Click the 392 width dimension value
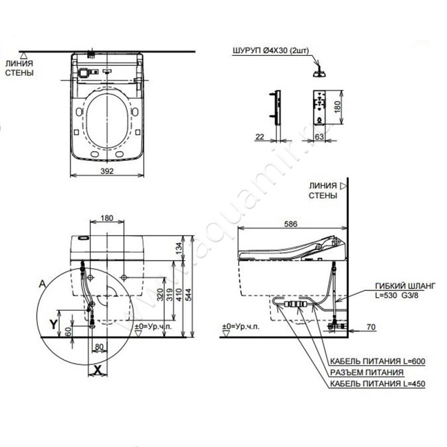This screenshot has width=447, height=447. click(x=110, y=171)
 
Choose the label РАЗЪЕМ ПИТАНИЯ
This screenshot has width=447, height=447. click(x=367, y=372)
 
